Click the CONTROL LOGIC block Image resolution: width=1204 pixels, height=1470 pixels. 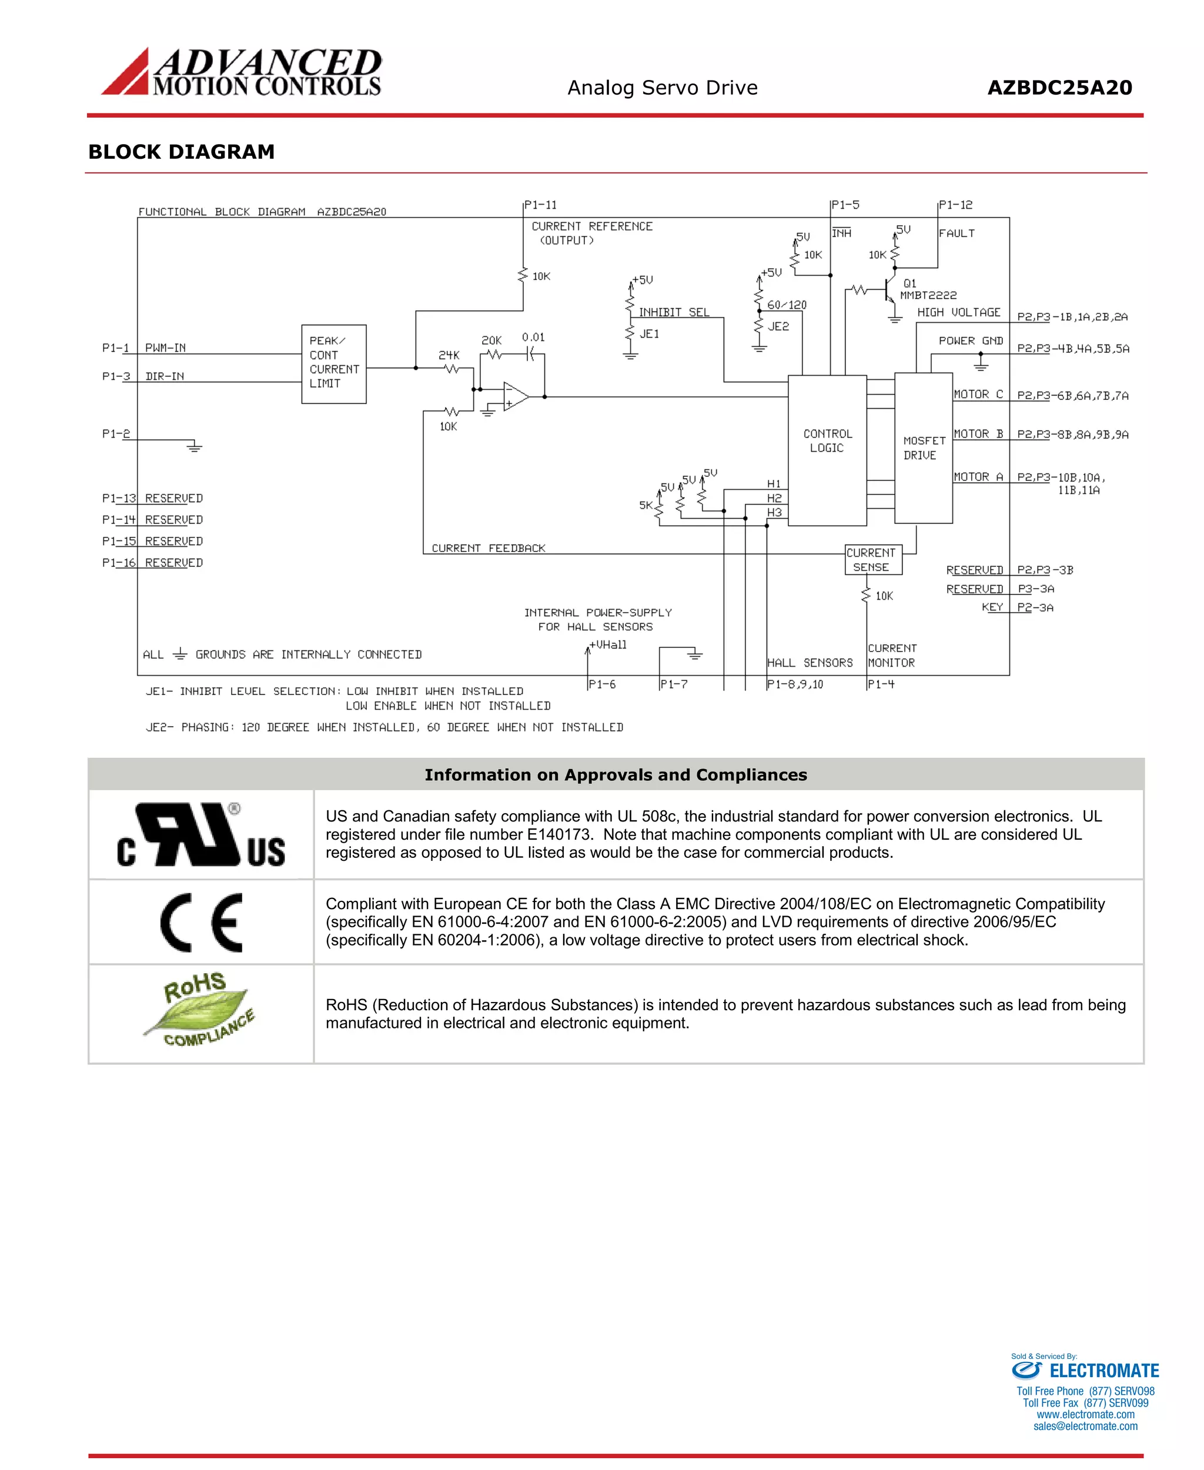(x=827, y=450)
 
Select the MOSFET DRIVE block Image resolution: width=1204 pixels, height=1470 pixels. (x=923, y=447)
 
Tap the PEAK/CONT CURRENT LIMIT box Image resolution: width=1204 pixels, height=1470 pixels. (x=333, y=363)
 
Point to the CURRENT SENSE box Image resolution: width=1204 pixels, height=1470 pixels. (x=872, y=559)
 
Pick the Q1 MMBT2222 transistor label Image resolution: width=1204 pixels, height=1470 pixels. (x=927, y=289)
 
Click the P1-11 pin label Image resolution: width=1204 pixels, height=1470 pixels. (x=540, y=205)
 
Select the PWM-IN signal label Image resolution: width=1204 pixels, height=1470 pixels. (x=165, y=348)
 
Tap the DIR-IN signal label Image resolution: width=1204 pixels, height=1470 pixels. (x=165, y=376)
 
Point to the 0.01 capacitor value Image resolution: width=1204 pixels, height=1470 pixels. (x=533, y=337)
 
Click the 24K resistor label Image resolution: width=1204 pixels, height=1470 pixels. (x=449, y=355)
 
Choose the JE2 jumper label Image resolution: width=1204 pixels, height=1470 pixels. (x=778, y=326)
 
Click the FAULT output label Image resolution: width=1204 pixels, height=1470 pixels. (x=956, y=233)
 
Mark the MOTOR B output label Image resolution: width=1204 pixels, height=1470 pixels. (x=978, y=433)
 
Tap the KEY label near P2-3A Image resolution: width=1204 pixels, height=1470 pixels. (x=992, y=607)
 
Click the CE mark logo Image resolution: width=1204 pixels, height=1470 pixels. (x=201, y=922)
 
